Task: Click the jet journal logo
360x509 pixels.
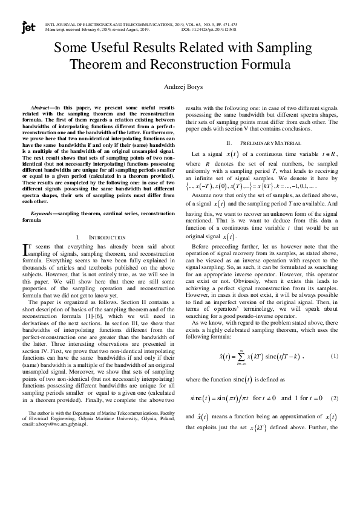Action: [28, 28]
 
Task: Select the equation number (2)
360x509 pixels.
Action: [334, 398]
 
